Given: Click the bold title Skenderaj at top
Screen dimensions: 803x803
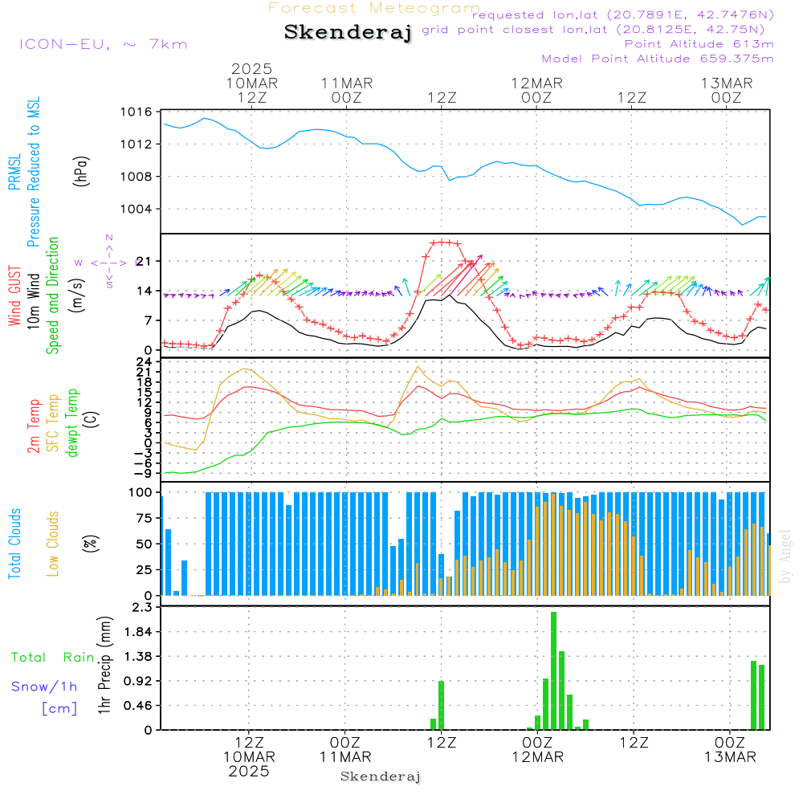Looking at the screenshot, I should click(x=348, y=33).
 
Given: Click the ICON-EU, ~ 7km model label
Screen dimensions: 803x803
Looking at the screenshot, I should click(x=103, y=44).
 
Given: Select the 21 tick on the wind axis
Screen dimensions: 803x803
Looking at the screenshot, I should click(x=145, y=262).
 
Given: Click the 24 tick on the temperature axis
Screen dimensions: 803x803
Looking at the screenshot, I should click(x=145, y=362).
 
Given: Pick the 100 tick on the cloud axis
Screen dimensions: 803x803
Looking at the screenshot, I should click(x=141, y=492).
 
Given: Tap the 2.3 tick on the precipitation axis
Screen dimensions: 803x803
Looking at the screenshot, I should click(x=143, y=608).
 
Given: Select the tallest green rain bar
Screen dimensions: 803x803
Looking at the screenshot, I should click(x=554, y=671).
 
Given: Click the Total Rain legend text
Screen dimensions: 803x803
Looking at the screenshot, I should click(x=52, y=658).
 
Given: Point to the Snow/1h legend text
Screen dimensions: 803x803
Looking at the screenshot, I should click(x=44, y=687).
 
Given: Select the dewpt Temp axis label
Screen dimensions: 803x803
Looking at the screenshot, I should click(x=72, y=423).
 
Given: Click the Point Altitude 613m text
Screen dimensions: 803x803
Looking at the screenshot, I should click(x=699, y=44).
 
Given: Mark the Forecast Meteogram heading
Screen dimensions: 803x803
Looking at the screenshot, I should click(x=374, y=8).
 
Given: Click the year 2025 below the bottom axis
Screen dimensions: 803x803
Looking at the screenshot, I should click(x=249, y=771).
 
